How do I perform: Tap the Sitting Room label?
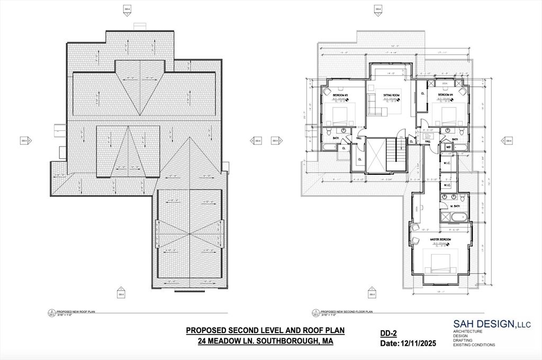pyautogui.click(x=392, y=95)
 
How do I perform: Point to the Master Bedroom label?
pyautogui.click(x=440, y=239)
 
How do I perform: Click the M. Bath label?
pyautogui.click(x=454, y=205)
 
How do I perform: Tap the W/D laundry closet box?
pyautogui.click(x=448, y=147)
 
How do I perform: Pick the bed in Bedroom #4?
pyautogui.click(x=444, y=113)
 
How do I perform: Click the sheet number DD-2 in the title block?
pyautogui.click(x=389, y=333)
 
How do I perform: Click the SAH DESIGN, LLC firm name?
pyautogui.click(x=492, y=323)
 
